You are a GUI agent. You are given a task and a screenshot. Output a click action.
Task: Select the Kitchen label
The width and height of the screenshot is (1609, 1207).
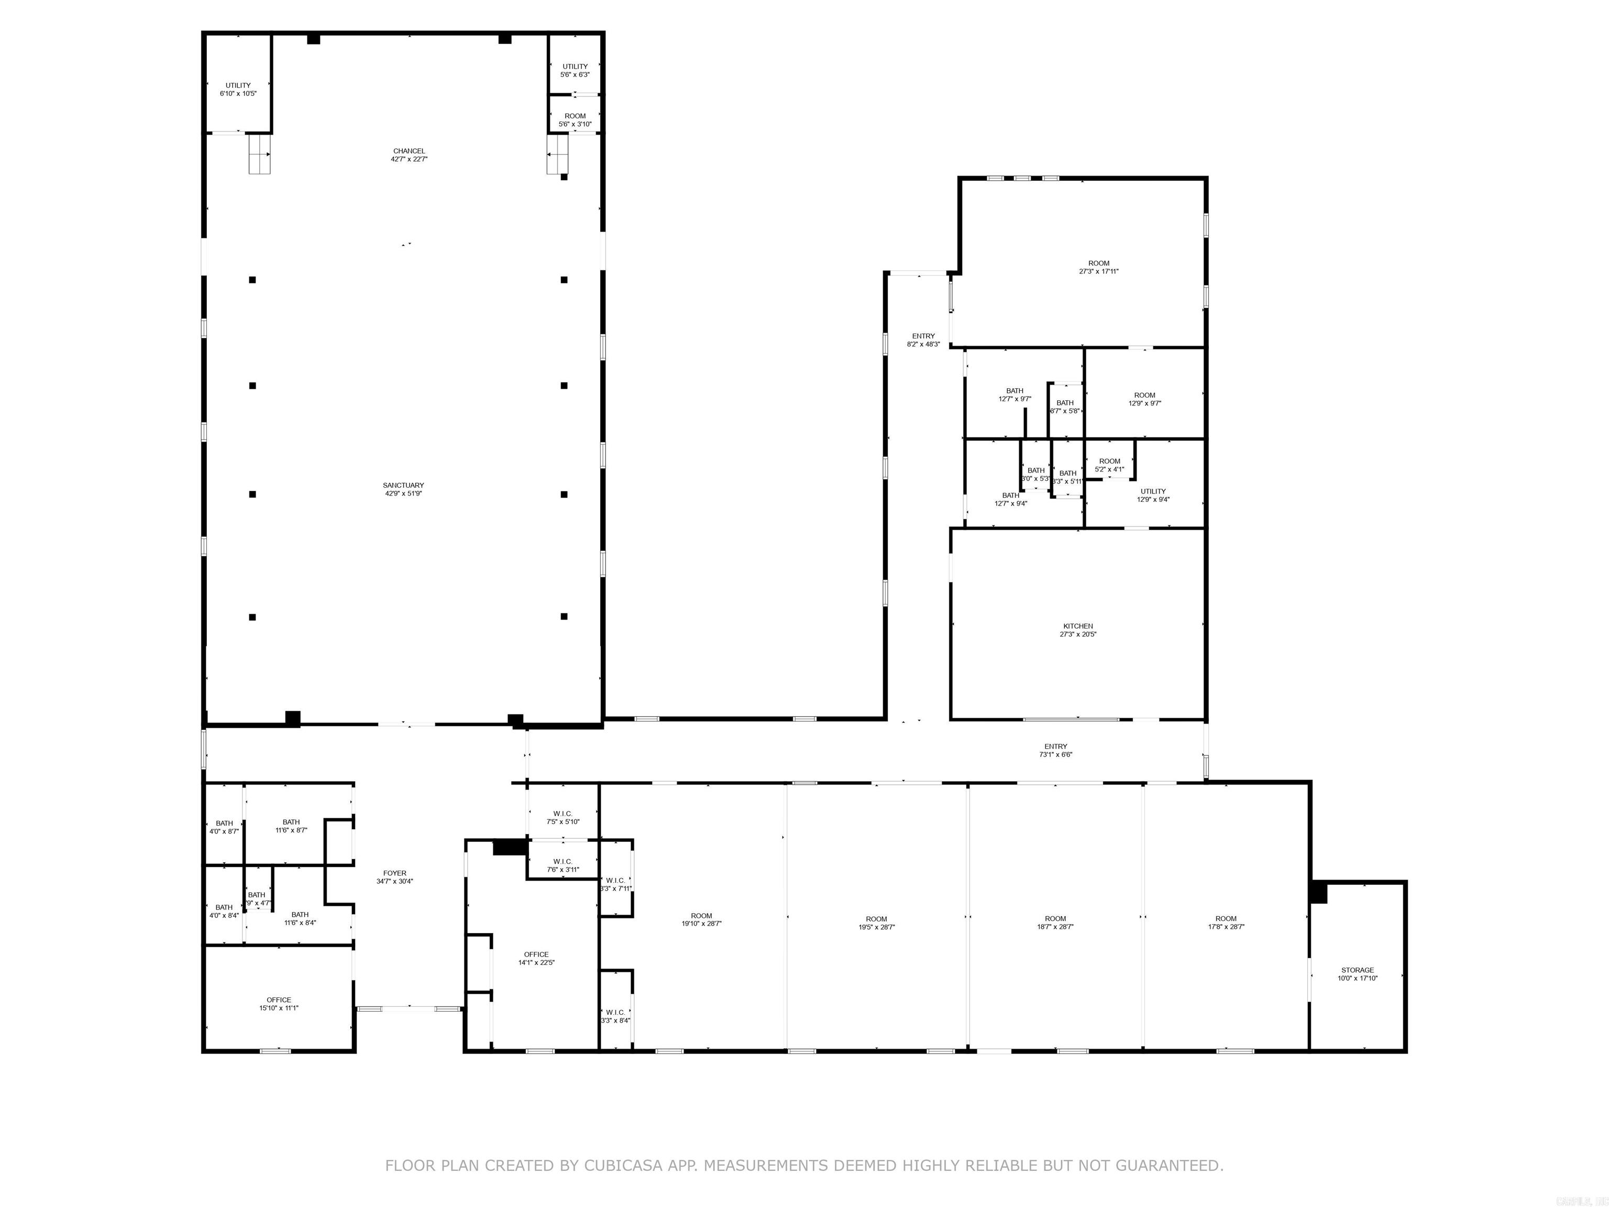pyautogui.click(x=1077, y=630)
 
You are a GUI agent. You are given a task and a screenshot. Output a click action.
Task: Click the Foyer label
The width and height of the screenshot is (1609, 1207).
pyautogui.click(x=395, y=876)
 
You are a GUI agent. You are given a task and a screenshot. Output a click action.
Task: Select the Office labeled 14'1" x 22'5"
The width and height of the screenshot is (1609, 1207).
pyautogui.click(x=536, y=958)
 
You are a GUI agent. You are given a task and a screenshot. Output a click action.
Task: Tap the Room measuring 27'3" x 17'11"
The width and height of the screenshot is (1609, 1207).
pyautogui.click(x=1098, y=267)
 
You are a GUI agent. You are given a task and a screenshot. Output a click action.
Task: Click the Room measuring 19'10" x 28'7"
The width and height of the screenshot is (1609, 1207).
pyautogui.click(x=701, y=919)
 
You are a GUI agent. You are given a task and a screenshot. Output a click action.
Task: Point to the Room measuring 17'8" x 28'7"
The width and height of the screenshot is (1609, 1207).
pyautogui.click(x=1226, y=923)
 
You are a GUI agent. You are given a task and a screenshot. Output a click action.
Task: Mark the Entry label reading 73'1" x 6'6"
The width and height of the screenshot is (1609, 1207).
pyautogui.click(x=1055, y=750)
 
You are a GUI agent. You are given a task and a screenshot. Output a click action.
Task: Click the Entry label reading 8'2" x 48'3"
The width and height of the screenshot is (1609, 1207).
pyautogui.click(x=923, y=340)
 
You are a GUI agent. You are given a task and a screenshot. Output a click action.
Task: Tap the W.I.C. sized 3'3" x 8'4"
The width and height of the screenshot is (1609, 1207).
pyautogui.click(x=615, y=1016)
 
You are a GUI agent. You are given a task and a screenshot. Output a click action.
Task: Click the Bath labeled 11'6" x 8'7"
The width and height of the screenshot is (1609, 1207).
pyautogui.click(x=291, y=826)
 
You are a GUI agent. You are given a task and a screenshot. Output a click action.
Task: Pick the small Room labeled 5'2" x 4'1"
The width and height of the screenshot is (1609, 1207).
pyautogui.click(x=1109, y=465)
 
